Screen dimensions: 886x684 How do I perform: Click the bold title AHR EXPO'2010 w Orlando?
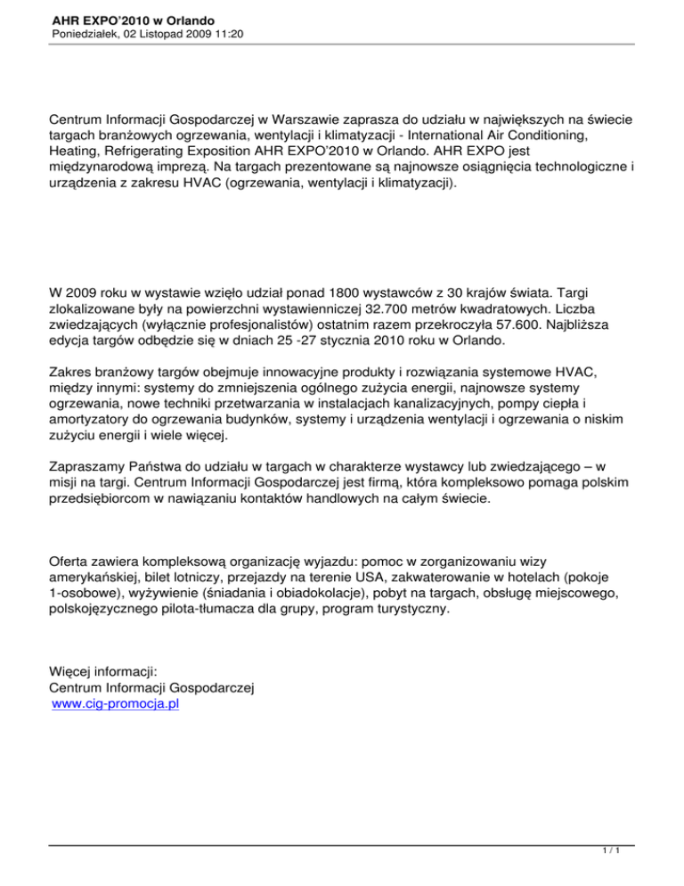point(127,19)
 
